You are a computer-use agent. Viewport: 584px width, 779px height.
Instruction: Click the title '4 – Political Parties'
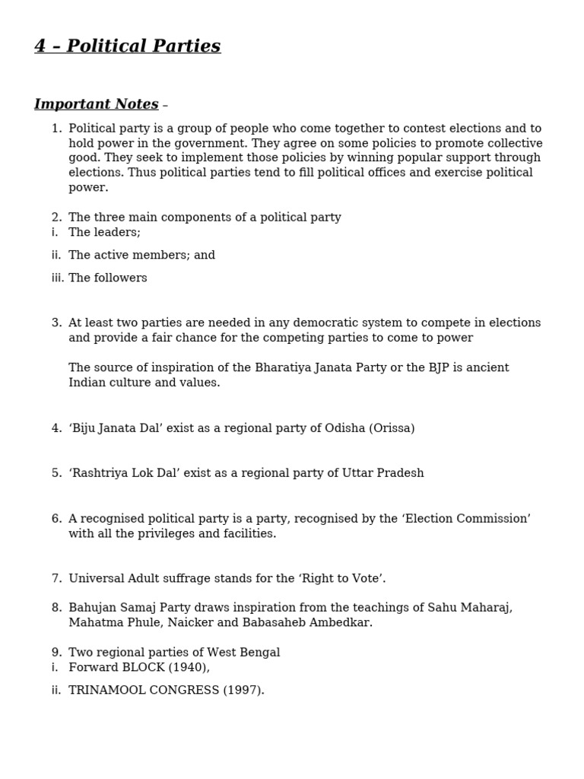[127, 46]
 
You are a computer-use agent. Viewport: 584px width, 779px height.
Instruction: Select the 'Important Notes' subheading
[97, 104]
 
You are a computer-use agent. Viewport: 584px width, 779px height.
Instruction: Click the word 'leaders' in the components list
[116, 232]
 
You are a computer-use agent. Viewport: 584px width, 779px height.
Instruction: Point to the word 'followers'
[120, 278]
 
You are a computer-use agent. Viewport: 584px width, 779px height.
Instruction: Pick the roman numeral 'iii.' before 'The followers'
[58, 278]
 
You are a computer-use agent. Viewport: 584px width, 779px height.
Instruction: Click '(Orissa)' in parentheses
[392, 428]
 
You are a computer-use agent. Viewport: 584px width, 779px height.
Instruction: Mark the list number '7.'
[56, 578]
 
